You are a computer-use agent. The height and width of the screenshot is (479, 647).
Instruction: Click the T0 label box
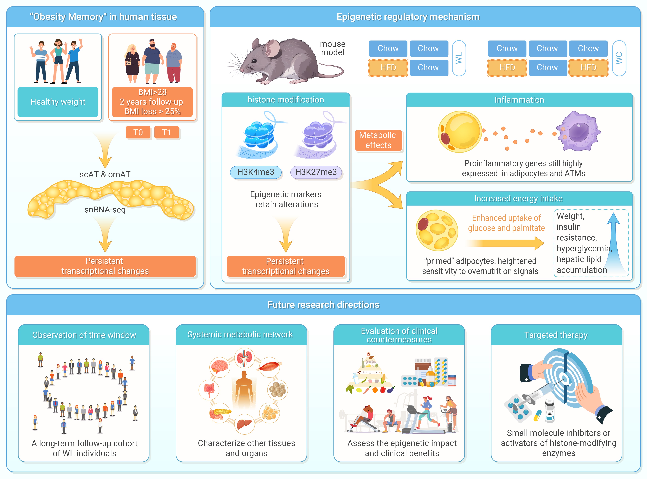pos(138,133)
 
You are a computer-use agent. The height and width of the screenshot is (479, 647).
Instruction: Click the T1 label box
pos(166,133)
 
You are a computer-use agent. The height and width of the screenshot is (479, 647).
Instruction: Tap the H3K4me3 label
pos(256,172)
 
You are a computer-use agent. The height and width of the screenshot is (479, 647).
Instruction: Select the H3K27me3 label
pos(316,172)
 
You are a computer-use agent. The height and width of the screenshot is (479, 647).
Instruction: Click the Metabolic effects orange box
pos(378,140)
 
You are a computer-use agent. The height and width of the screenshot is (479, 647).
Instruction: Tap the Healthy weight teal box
pos(58,102)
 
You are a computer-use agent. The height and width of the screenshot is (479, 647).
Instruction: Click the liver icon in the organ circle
pos(244,424)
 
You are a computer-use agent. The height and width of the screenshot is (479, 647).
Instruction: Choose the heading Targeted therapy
pos(556,335)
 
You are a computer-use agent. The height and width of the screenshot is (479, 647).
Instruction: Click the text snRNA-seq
pos(105,210)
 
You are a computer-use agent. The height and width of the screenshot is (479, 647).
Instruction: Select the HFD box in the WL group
pos(388,68)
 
